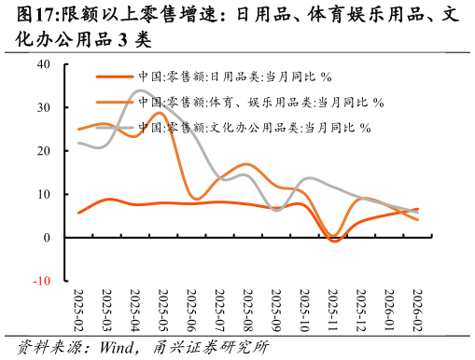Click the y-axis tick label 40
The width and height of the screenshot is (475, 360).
[44, 64]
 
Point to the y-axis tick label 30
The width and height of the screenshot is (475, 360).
[44, 107]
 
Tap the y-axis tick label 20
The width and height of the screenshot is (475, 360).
[44, 150]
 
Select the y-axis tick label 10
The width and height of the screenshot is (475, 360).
[44, 194]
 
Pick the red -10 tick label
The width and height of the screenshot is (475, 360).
[42, 281]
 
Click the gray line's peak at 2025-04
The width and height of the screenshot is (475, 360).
[140, 90]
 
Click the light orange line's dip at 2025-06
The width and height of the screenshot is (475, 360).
[195, 199]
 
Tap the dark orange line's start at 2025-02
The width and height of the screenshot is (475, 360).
[78, 213]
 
